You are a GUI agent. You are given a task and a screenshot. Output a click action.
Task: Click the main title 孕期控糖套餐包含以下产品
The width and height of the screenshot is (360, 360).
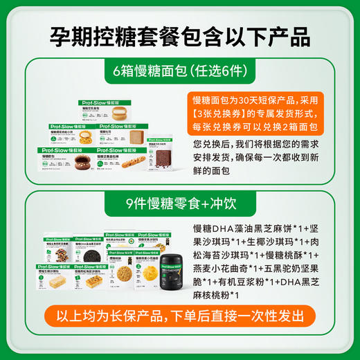180,35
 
